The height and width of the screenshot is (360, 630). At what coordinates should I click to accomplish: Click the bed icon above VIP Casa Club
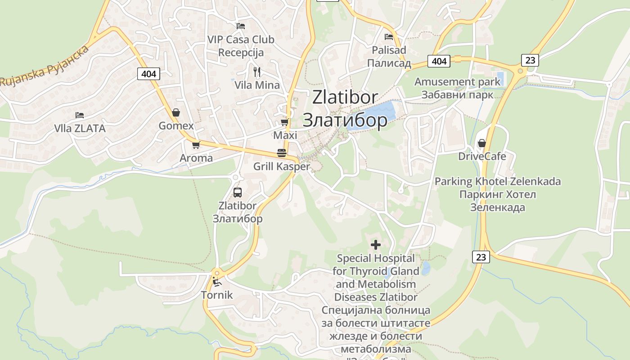(241, 26)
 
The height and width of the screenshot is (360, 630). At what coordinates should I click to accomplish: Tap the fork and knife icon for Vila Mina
(257, 72)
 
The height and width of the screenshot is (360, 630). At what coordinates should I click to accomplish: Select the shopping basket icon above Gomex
(176, 112)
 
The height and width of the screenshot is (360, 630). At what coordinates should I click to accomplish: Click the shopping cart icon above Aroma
(196, 145)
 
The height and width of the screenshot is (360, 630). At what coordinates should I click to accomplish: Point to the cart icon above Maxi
(284, 122)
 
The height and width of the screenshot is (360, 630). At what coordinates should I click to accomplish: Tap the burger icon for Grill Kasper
(282, 153)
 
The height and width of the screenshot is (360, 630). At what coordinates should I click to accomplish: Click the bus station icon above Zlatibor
(238, 193)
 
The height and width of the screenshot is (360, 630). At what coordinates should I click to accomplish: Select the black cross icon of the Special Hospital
(376, 245)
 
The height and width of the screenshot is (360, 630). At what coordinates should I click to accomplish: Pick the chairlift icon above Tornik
(217, 282)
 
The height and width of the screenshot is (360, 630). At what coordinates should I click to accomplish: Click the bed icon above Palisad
(389, 37)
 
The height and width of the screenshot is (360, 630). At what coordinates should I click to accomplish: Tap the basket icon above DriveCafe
(482, 143)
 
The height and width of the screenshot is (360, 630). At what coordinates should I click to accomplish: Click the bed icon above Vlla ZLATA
(80, 115)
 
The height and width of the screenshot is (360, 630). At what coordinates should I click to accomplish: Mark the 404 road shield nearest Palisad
(439, 61)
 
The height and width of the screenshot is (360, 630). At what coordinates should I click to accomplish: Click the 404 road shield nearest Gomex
(148, 74)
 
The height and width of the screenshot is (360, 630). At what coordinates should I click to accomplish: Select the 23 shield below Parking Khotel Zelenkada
(481, 257)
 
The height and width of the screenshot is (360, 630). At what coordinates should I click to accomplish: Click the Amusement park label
(457, 82)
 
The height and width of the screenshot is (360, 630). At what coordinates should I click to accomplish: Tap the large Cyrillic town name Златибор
(345, 120)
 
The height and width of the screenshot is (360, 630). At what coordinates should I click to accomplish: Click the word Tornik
(217, 295)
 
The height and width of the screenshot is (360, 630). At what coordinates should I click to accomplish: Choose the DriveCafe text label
(482, 157)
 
